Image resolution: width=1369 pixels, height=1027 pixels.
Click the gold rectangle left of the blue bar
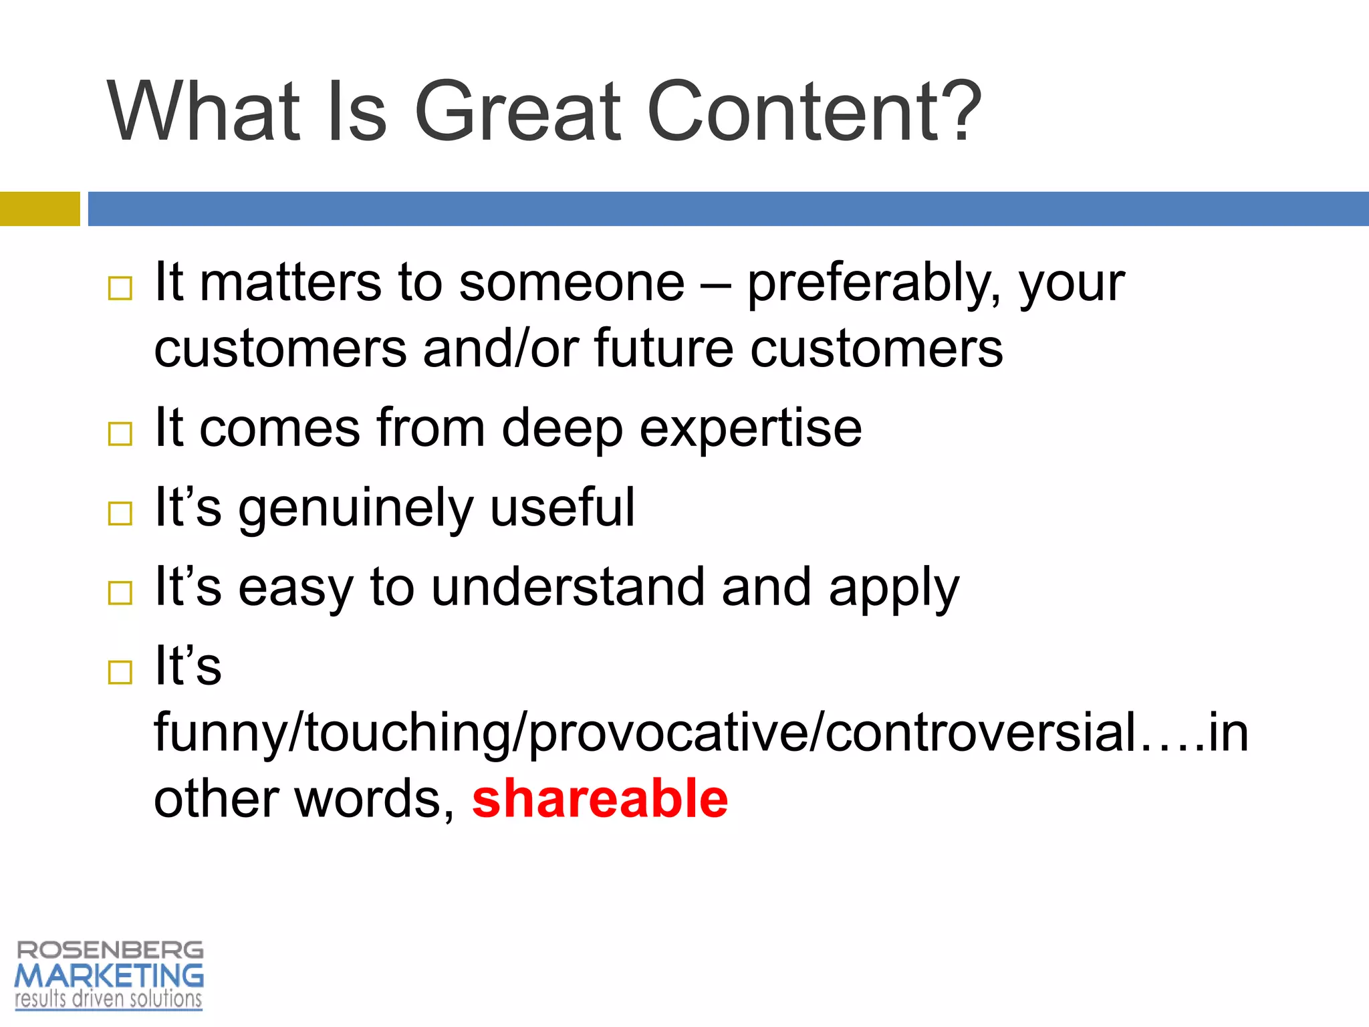(x=39, y=209)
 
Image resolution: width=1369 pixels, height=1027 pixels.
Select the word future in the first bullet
(x=664, y=349)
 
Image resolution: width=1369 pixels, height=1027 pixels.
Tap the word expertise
(x=750, y=429)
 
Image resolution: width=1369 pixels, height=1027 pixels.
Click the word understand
(x=568, y=587)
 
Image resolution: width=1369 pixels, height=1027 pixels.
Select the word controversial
(x=980, y=732)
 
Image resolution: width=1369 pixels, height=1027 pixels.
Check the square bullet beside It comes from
(x=120, y=434)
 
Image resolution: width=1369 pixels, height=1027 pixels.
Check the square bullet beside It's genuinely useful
(x=120, y=513)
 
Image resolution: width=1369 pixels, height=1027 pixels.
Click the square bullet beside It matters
(x=120, y=289)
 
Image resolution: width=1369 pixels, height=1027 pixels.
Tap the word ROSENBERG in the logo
(x=110, y=950)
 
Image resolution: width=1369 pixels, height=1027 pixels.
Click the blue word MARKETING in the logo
(x=109, y=976)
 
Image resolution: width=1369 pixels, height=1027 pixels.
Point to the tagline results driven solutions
(x=108, y=1000)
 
